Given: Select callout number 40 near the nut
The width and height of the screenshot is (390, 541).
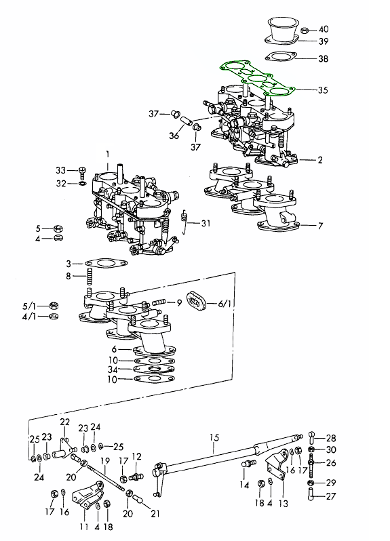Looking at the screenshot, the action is click(324, 29).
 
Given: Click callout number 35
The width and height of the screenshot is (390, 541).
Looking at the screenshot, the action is click(323, 90).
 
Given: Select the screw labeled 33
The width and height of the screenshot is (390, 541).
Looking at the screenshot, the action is click(82, 172).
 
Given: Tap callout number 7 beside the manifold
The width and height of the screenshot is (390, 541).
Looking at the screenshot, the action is click(320, 226).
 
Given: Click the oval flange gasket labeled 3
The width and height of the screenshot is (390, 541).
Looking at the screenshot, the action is click(106, 263).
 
